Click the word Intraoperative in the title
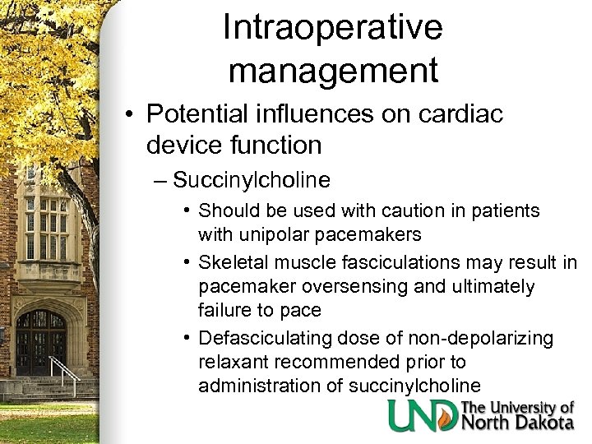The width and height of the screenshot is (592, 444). [x=332, y=28]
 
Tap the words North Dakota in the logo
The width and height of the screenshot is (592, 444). [x=518, y=423]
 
